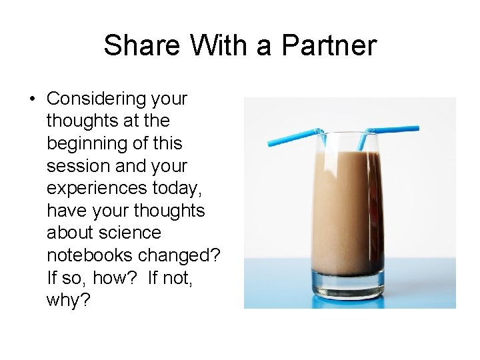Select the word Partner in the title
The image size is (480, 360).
point(329,46)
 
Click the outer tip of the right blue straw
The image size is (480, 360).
point(417,128)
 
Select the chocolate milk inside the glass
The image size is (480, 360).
point(347,207)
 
